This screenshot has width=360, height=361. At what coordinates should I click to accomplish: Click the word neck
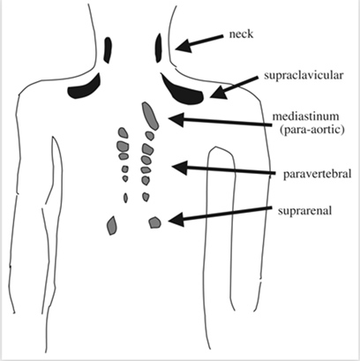(241, 34)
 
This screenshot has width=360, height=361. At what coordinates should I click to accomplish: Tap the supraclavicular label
(304, 75)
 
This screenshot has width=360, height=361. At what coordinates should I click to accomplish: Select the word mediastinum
(305, 117)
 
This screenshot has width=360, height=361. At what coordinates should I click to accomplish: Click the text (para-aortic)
(312, 130)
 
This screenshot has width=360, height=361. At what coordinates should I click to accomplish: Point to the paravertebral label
(318, 174)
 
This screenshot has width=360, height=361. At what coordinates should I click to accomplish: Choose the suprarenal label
(304, 211)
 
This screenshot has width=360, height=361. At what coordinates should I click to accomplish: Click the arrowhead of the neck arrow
(183, 47)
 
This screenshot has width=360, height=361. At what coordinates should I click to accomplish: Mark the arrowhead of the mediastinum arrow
(176, 119)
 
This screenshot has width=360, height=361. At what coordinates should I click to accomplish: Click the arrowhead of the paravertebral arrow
(180, 168)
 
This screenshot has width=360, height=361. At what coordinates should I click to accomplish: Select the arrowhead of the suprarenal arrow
(176, 219)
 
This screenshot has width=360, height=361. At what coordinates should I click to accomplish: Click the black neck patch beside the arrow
(159, 48)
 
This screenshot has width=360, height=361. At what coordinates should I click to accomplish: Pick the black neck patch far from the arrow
(108, 49)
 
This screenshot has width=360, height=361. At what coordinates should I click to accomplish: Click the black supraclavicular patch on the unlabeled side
(85, 89)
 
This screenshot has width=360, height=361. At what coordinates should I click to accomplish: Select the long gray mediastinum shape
(150, 116)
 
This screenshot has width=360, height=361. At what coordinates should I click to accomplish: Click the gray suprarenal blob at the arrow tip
(154, 222)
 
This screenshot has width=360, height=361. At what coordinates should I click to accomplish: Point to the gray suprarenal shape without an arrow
(112, 225)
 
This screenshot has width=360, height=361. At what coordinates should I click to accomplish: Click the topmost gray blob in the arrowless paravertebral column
(124, 132)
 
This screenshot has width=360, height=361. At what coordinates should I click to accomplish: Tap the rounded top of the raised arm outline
(217, 147)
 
